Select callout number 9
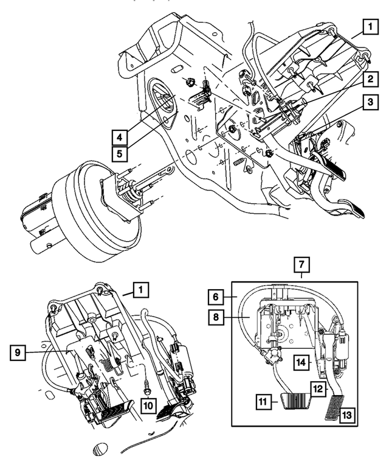(20, 352)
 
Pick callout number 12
(319, 387)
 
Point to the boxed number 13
(346, 415)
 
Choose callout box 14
(302, 360)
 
